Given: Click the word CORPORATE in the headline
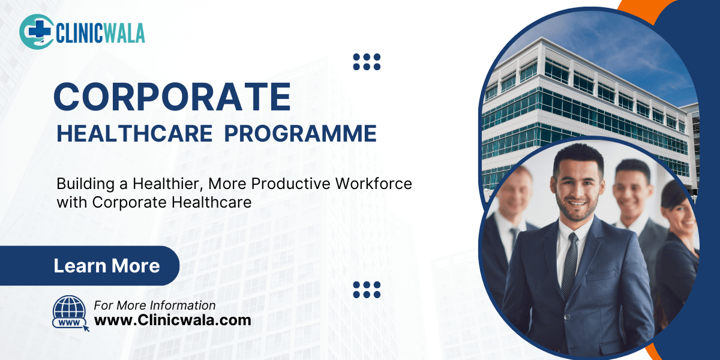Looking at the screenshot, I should (x=172, y=96).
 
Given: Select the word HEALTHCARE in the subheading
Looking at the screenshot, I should (x=134, y=133).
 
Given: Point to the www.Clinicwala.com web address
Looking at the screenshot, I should (x=173, y=320).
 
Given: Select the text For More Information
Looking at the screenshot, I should (x=155, y=305).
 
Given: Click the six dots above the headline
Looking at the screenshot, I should (x=367, y=61).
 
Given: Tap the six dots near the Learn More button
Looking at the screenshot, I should (x=367, y=289).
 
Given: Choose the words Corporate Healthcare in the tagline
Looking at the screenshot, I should (x=172, y=203).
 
